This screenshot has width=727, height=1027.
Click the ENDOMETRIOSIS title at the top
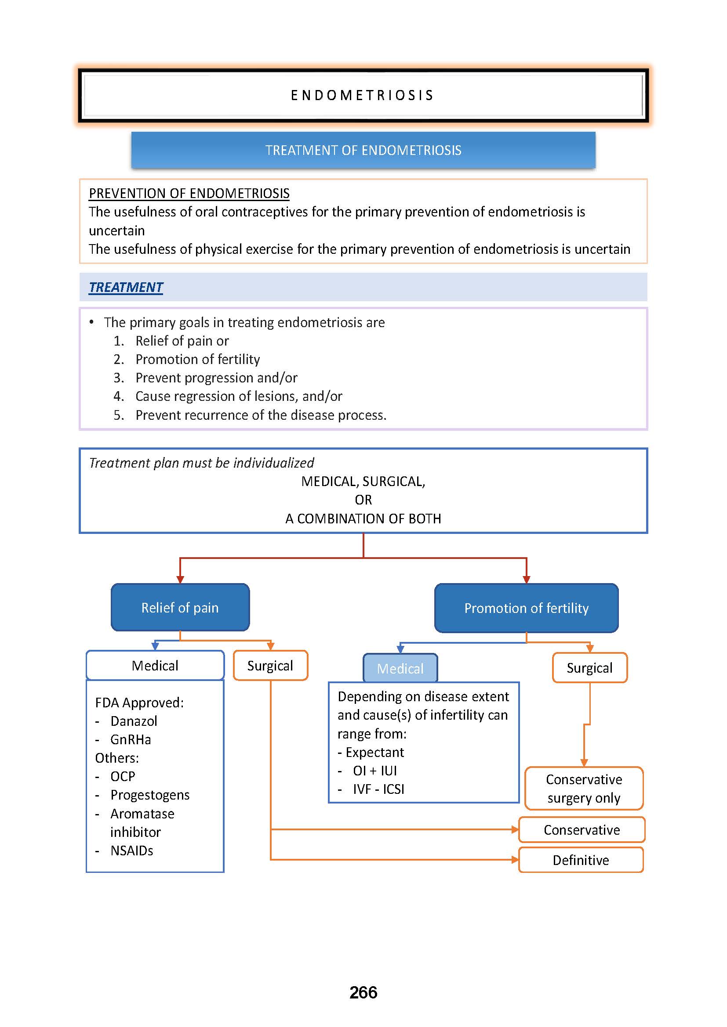pyautogui.click(x=363, y=95)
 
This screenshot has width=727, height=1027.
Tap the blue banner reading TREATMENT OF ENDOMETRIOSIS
pyautogui.click(x=363, y=150)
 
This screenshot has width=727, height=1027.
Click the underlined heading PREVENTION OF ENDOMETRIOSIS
pyautogui.click(x=189, y=193)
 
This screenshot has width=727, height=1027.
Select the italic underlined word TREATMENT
pyautogui.click(x=126, y=287)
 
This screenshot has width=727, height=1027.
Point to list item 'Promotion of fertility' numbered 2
pyautogui.click(x=197, y=359)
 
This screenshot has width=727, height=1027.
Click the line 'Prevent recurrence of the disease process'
pyautogui.click(x=261, y=415)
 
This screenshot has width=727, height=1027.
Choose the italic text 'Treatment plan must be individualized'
pyautogui.click(x=201, y=462)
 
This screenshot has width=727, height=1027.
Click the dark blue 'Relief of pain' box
pyautogui.click(x=180, y=607)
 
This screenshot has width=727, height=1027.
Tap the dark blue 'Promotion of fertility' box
pyautogui.click(x=526, y=608)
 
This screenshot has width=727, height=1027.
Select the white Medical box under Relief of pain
pyautogui.click(x=155, y=666)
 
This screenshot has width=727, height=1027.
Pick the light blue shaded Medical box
pyautogui.click(x=400, y=668)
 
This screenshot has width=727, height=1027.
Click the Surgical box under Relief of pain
pyautogui.click(x=270, y=666)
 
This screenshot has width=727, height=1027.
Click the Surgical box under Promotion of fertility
pyautogui.click(x=589, y=668)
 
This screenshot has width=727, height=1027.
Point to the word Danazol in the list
pyautogui.click(x=134, y=721)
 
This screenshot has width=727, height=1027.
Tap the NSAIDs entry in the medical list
pyautogui.click(x=131, y=850)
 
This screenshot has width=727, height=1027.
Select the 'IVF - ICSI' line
pyautogui.click(x=378, y=789)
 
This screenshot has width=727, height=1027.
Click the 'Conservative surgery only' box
pyautogui.click(x=584, y=789)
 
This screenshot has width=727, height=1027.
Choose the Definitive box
pyautogui.click(x=581, y=860)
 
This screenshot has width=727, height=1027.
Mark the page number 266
pyautogui.click(x=363, y=993)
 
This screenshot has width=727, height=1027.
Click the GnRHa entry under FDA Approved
pyautogui.click(x=130, y=739)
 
